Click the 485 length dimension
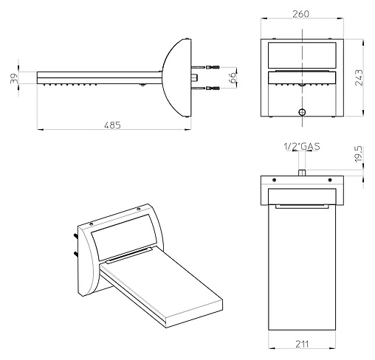[112, 125]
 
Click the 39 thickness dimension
[14, 78]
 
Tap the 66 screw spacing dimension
[232, 77]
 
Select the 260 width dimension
[300, 14]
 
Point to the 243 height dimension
[359, 77]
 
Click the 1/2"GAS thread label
[302, 146]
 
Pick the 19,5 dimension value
[359, 154]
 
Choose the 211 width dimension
[302, 344]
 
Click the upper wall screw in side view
[205, 67]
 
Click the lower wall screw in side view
[205, 88]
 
